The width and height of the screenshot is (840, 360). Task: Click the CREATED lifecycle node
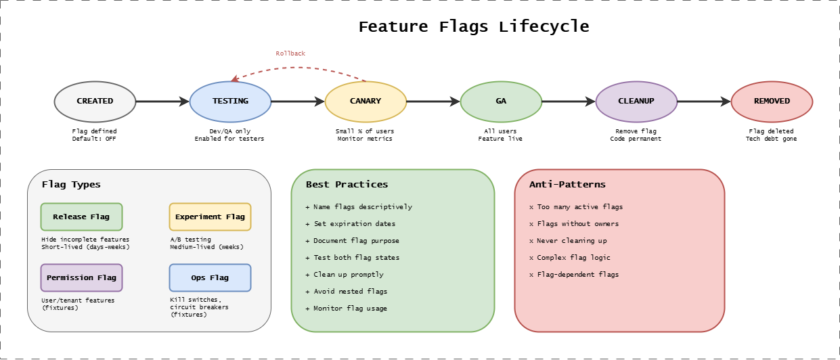click(x=95, y=102)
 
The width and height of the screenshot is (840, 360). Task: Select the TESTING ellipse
click(x=230, y=102)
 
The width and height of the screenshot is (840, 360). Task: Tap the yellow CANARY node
click(x=366, y=102)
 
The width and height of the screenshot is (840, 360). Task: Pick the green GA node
click(x=501, y=102)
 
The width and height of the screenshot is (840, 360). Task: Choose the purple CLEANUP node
click(x=636, y=102)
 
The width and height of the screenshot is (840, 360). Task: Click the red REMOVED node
click(x=772, y=102)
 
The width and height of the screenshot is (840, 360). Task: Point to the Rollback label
click(x=290, y=53)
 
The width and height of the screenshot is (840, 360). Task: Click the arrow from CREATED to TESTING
click(x=162, y=102)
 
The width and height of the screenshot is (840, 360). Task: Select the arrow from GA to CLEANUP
click(x=569, y=102)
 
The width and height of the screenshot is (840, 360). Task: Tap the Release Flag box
click(x=81, y=217)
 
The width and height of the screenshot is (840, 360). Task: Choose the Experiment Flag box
click(x=210, y=217)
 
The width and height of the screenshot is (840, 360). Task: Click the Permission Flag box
click(x=81, y=277)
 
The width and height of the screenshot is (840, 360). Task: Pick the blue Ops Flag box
click(x=210, y=277)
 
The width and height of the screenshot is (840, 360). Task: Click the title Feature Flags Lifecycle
click(x=473, y=27)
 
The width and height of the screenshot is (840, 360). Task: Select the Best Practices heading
click(x=347, y=184)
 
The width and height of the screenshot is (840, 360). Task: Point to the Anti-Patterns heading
click(x=567, y=184)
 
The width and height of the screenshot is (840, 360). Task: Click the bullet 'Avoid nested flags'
click(x=350, y=291)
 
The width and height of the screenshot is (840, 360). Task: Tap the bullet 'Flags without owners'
click(x=577, y=223)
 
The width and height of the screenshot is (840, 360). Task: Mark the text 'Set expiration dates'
click(x=354, y=223)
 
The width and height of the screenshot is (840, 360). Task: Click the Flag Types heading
click(x=71, y=184)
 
